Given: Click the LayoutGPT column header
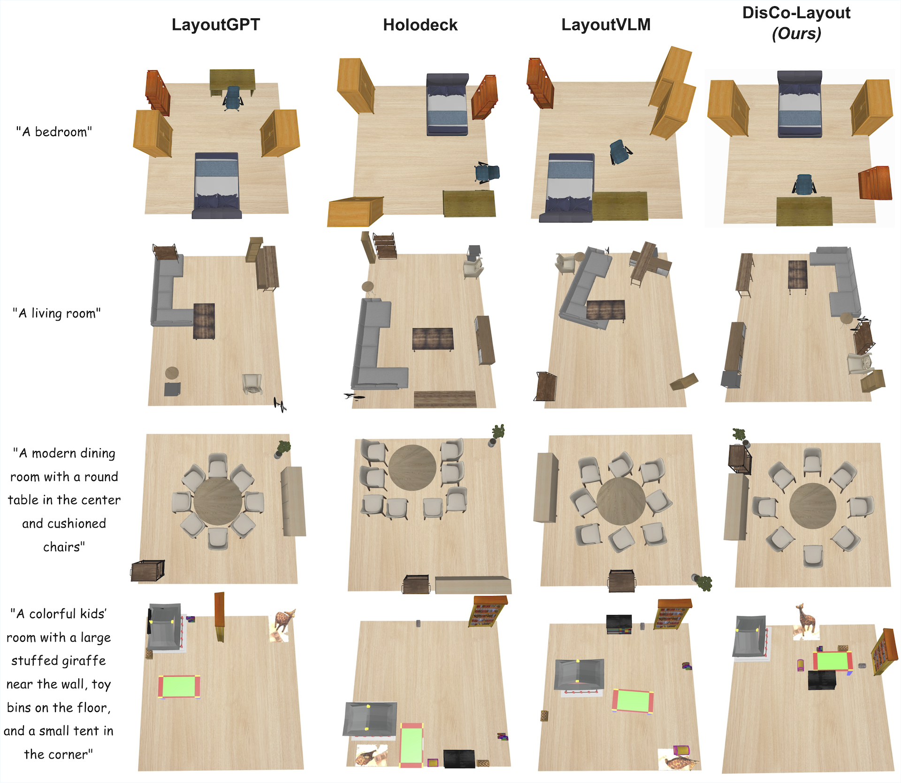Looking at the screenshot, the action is pos(216,25).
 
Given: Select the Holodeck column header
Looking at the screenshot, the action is pos(420,25).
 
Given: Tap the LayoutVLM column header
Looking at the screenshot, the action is pos(606,25).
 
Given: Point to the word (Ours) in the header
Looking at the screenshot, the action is pos(796,34).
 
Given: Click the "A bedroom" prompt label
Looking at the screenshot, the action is pos(54,132).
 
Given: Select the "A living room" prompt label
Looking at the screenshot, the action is pos(57,313).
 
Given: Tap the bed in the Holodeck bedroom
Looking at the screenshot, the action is pos(447,104).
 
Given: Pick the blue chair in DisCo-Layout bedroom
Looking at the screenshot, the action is pos(804,184).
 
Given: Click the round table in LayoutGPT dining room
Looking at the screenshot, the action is pos(218,502).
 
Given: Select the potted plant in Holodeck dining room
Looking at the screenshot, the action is pos(497,435).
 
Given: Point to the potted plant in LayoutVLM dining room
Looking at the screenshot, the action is pos(703,582).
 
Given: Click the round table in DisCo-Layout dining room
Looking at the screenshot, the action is pos(813,507).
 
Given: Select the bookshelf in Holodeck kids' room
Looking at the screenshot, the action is pos(488,611).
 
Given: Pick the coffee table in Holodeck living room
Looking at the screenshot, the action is pos(433,339).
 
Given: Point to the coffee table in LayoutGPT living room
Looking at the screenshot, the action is pos(204,321).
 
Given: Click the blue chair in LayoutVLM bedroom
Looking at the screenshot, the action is pos(620,152).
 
